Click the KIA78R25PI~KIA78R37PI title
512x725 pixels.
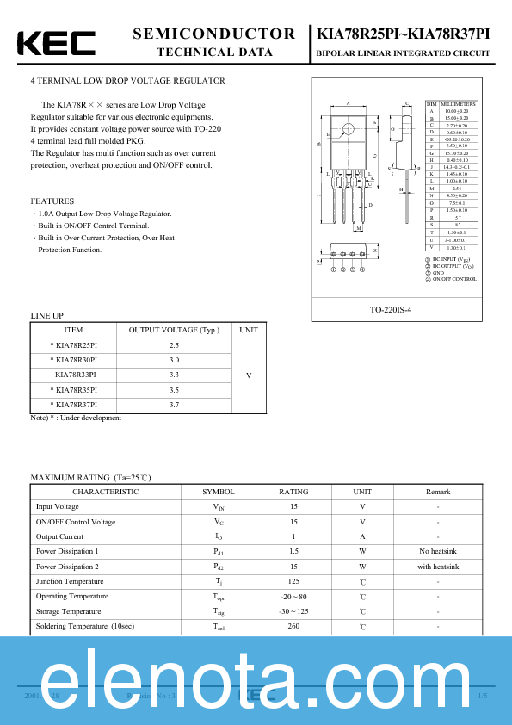point(404,34)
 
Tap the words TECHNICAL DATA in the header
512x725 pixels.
point(214,53)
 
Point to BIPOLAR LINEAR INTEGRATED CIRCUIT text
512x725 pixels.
point(404,53)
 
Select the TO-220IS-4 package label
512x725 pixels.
point(402,308)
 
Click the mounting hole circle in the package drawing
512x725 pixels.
point(348,131)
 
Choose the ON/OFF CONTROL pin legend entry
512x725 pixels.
point(453,279)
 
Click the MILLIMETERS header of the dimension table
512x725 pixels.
point(458,104)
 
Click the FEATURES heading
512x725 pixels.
point(52,201)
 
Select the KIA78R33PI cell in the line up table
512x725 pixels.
point(75,375)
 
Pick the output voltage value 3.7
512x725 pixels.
point(174,404)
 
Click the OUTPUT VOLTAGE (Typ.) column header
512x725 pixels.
point(174,330)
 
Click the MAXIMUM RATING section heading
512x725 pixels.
point(90,477)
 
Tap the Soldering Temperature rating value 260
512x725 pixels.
point(293,626)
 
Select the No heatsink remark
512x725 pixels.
point(437,551)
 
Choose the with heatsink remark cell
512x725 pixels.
point(437,567)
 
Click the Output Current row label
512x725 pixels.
point(59,536)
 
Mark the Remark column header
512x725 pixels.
point(437,492)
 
